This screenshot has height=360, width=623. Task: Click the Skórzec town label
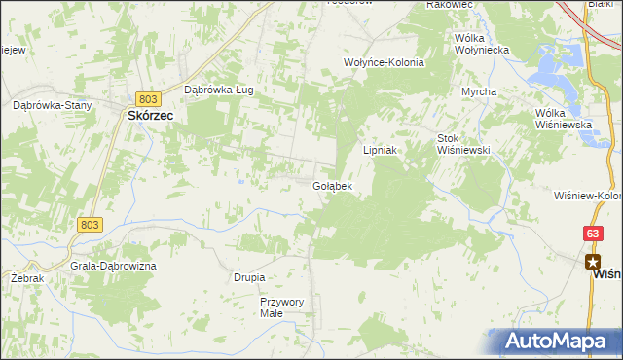(149, 115)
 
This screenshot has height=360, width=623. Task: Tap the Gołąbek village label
(332, 185)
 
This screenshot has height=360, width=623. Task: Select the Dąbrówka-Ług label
(219, 90)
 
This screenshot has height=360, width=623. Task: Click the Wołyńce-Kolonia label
(385, 61)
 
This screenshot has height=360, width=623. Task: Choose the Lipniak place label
(384, 150)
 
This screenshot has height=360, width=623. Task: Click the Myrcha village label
(479, 91)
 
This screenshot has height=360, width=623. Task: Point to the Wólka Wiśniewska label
(565, 119)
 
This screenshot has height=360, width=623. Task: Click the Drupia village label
(249, 277)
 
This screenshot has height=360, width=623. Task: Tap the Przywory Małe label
(282, 307)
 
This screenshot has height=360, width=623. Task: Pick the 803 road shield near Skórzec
(148, 99)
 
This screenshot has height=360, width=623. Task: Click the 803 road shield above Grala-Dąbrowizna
(88, 224)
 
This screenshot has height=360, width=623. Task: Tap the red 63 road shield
(593, 234)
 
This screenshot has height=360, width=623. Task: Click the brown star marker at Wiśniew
(592, 261)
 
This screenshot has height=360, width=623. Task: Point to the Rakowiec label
(449, 5)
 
